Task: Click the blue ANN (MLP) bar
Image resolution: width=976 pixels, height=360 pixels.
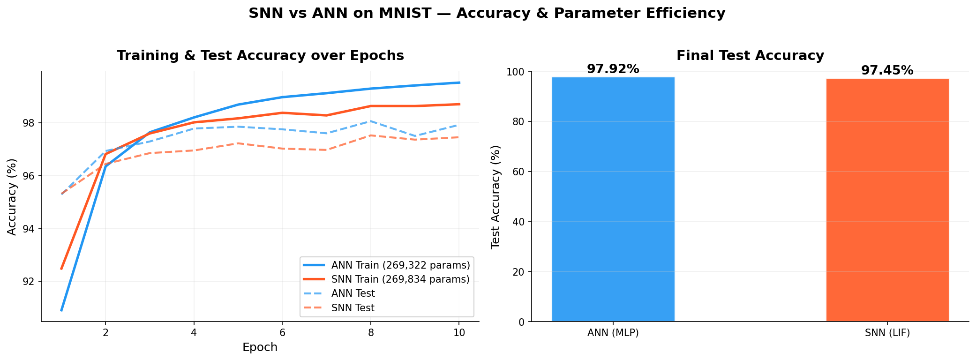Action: click(x=613, y=199)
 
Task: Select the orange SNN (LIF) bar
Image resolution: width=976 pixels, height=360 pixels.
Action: click(x=887, y=200)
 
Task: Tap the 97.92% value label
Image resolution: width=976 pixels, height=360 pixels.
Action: click(x=613, y=69)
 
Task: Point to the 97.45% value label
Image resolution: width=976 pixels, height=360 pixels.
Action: click(x=887, y=71)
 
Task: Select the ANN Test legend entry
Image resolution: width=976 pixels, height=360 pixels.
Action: click(x=353, y=294)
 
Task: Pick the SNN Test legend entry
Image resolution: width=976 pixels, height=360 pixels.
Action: click(x=353, y=308)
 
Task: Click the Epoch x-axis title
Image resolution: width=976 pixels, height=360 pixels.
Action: click(x=260, y=347)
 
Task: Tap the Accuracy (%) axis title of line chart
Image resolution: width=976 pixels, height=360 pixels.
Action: click(x=12, y=196)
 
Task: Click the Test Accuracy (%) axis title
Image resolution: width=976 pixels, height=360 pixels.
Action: click(x=496, y=196)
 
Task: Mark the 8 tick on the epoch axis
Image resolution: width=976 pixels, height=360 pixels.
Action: click(x=371, y=333)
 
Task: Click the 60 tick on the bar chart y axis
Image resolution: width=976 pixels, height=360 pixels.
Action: click(x=520, y=172)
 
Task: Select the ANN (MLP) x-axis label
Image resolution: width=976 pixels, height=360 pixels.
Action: click(x=613, y=333)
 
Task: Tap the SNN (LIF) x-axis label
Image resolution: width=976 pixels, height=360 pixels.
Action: click(x=887, y=333)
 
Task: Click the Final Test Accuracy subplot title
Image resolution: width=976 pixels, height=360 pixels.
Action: click(x=750, y=56)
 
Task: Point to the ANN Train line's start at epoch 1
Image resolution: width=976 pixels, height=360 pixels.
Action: click(x=61, y=310)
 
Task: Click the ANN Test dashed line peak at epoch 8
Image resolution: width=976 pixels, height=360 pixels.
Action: click(x=371, y=121)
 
